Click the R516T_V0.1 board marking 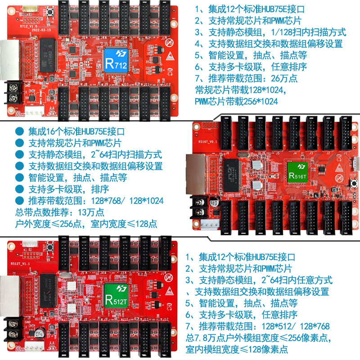[x=207, y=141]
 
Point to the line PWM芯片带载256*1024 [x=236, y=102]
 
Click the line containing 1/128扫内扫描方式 [x=270, y=32]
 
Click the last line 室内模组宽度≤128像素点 [x=237, y=350]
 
